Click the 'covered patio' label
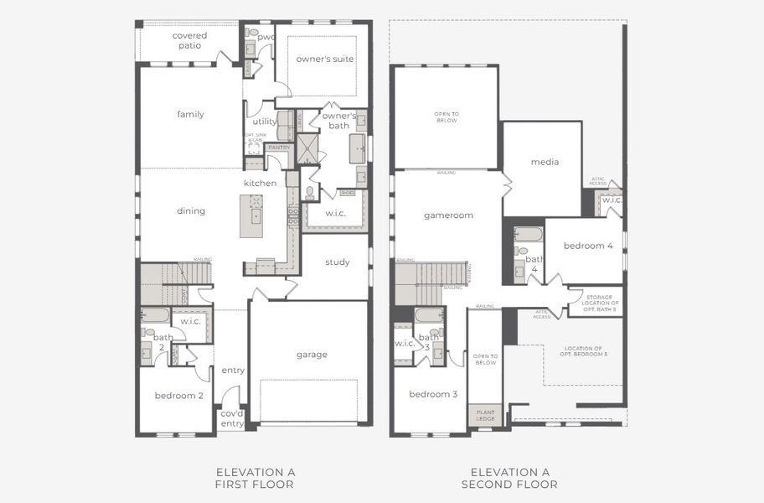click(x=189, y=40)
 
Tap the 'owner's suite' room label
click(x=325, y=60)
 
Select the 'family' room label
click(x=190, y=114)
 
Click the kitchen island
click(x=251, y=215)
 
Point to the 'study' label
click(x=337, y=262)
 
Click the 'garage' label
click(x=311, y=355)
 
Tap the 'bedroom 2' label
click(x=179, y=396)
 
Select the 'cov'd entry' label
click(x=232, y=418)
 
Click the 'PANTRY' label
click(x=279, y=148)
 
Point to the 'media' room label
click(x=545, y=162)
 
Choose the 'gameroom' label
click(x=448, y=215)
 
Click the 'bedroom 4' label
click(x=588, y=246)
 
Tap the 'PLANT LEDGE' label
click(x=485, y=416)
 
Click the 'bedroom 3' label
click(x=433, y=394)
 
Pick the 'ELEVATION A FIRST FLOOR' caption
click(x=256, y=478)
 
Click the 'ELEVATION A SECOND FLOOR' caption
click(x=510, y=478)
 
